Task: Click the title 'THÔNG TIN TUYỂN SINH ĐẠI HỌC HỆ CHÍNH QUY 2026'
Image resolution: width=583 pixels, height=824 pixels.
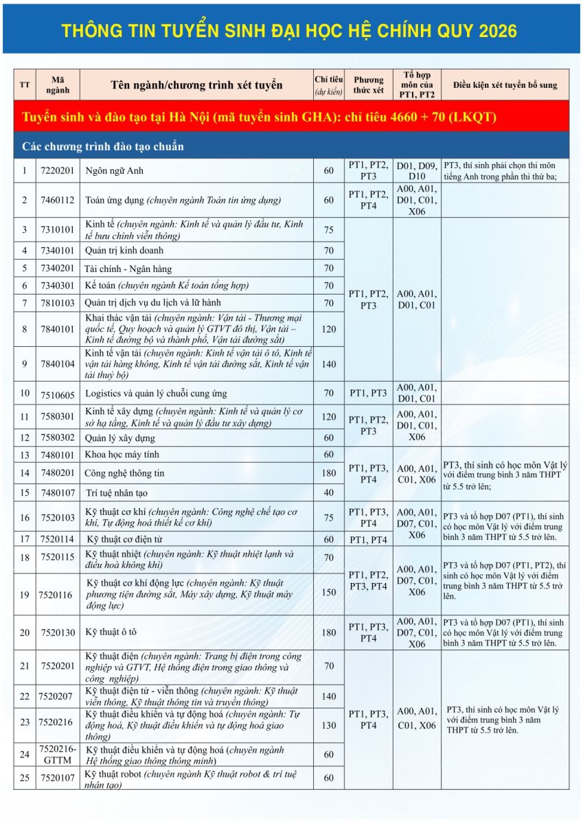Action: [x=289, y=31]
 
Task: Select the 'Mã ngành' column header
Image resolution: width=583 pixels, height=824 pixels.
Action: [x=58, y=85]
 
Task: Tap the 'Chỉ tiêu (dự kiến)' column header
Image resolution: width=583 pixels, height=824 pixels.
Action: [x=328, y=85]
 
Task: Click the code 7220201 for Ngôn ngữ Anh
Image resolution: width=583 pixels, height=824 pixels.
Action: [x=58, y=171]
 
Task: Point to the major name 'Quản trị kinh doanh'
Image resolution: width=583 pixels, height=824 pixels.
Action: [x=124, y=251]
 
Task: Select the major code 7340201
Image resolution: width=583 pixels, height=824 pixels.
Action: [x=58, y=268]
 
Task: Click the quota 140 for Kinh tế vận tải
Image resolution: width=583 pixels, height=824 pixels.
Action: [x=328, y=364]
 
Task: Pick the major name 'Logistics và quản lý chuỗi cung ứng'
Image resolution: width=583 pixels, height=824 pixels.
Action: [x=155, y=394]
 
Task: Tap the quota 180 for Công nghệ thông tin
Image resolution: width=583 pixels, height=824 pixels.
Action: [x=328, y=473]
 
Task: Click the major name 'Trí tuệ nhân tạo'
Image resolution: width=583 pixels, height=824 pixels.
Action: [x=116, y=493]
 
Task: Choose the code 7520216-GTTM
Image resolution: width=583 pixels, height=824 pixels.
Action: [x=58, y=754]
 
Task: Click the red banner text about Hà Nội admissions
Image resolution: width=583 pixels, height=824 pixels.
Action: [x=260, y=117]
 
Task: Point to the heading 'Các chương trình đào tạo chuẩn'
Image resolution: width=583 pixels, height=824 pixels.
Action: [x=103, y=146]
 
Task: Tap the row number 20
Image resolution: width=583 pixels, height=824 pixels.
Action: [x=25, y=633]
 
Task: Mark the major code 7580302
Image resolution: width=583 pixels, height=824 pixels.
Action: [x=58, y=438]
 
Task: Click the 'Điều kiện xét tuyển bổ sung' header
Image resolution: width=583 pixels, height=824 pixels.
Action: [x=505, y=85]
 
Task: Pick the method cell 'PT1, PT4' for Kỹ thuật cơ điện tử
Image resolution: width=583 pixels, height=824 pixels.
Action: [x=368, y=540]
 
